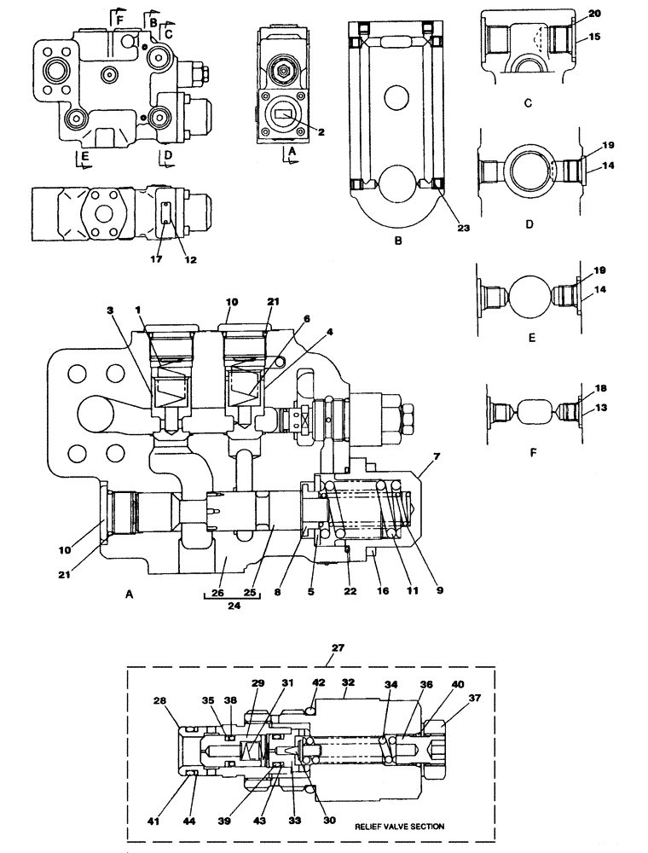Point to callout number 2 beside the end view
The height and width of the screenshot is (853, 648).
321,131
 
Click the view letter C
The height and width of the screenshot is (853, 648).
528,103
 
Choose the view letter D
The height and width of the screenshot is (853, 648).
528,227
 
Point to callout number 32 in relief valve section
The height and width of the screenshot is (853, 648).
348,682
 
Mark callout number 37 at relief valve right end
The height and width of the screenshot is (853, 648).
473,697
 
